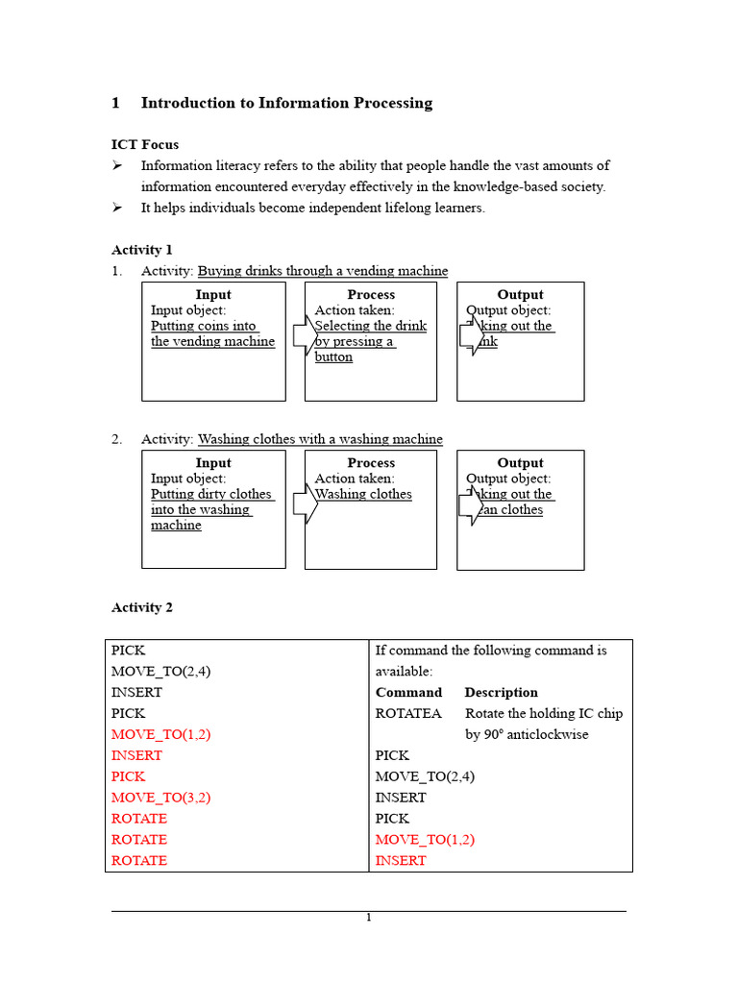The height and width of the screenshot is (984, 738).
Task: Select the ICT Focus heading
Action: point(145,144)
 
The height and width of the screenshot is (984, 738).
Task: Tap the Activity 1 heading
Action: point(142,250)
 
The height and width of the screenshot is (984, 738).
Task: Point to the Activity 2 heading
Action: point(142,607)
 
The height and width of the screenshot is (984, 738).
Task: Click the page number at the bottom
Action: point(368,918)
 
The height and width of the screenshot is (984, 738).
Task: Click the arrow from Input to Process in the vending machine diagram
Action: point(305,333)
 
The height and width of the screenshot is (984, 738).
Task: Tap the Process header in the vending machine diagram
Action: point(371,295)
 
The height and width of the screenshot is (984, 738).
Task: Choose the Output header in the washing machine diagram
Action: point(520,463)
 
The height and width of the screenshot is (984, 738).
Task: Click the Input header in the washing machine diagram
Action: point(213,463)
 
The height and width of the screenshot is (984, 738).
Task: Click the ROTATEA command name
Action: point(408,713)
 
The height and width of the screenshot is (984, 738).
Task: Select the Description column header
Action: point(501,692)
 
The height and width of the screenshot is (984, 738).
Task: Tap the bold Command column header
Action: point(408,692)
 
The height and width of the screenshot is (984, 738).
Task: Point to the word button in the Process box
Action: point(333,357)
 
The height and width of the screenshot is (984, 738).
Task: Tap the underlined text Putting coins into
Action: point(204,326)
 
